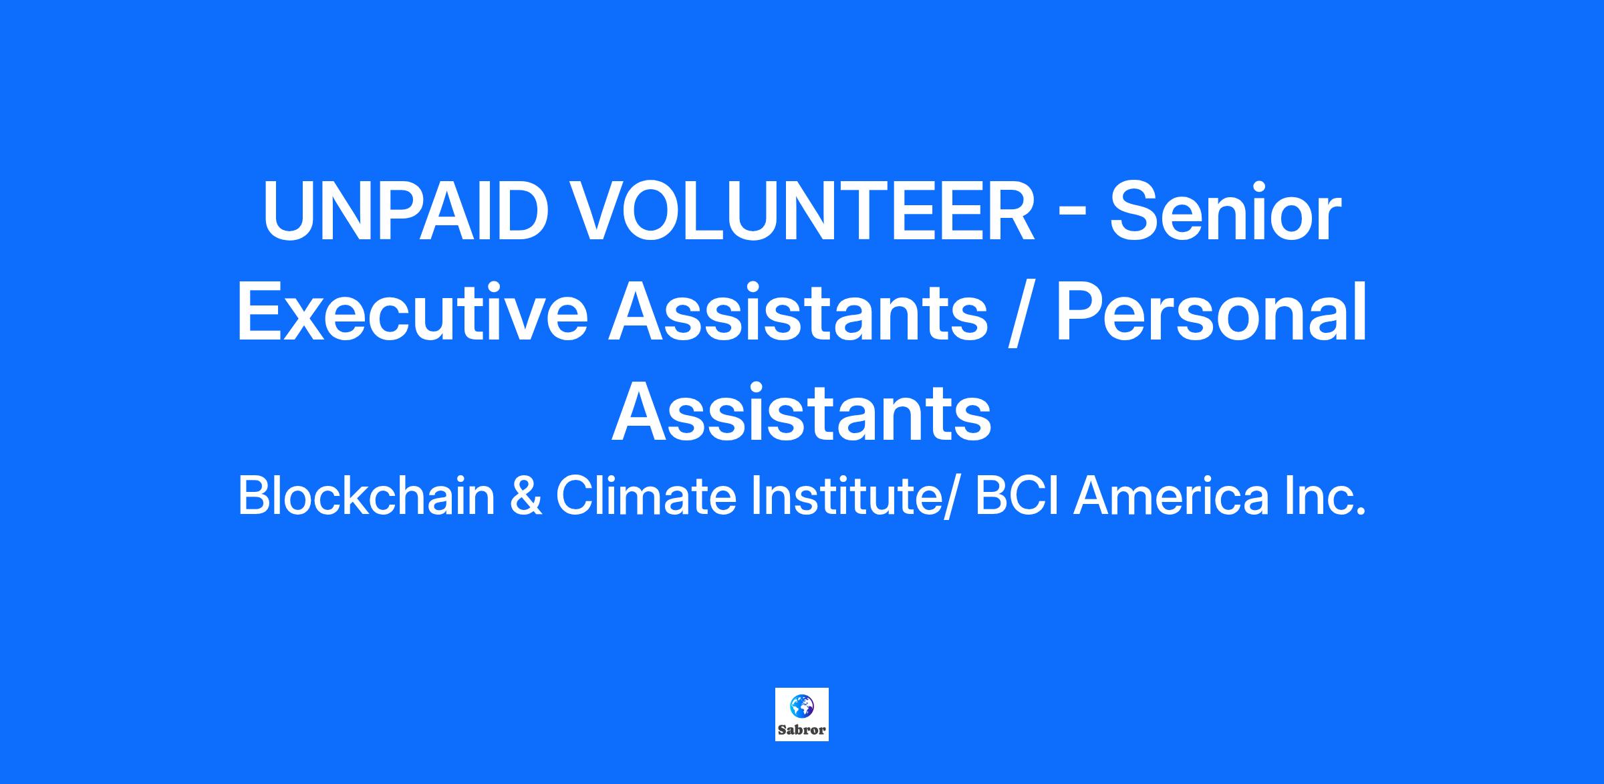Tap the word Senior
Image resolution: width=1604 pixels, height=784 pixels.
tap(1226, 213)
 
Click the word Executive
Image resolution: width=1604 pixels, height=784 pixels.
tap(412, 313)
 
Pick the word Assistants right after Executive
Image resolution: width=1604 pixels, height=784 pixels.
tap(798, 313)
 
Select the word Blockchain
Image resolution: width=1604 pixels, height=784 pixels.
tap(366, 497)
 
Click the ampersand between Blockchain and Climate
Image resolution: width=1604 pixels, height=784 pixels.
tap(526, 498)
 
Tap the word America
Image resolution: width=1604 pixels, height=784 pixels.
tap(1171, 497)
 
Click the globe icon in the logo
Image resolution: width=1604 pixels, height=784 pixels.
tap(801, 704)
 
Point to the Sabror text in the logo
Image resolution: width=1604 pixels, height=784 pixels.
tap(802, 730)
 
